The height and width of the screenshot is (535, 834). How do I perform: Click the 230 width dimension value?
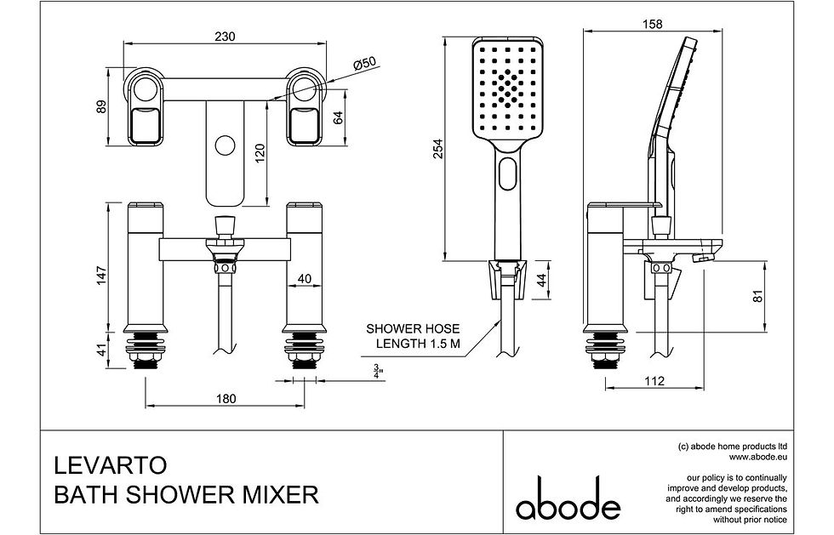click(226, 36)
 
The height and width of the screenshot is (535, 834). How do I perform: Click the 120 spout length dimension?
click(260, 151)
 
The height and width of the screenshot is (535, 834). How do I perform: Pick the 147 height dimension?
click(102, 274)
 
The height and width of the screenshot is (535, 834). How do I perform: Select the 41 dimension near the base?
click(102, 350)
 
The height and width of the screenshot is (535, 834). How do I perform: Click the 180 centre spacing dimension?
click(226, 399)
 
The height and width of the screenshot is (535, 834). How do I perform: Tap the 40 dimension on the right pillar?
click(304, 278)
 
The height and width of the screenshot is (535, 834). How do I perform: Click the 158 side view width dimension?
click(656, 25)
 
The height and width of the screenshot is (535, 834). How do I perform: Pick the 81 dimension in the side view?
click(758, 297)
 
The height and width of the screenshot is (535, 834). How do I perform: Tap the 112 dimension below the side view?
click(653, 382)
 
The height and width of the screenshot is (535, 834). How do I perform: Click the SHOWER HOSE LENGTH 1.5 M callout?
click(413, 336)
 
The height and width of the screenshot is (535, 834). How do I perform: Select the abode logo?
click(568, 500)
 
